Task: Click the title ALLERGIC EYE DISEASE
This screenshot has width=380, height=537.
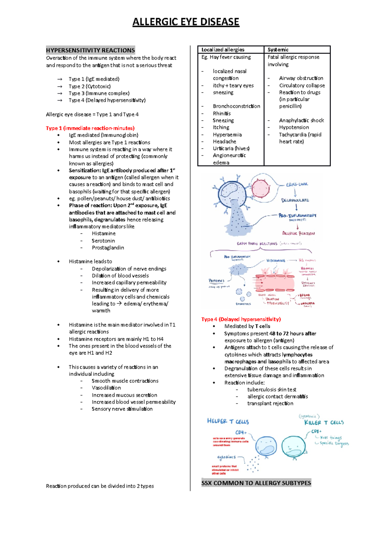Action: pyautogui.click(x=186, y=22)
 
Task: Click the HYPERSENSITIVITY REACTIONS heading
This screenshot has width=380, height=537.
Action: pyautogui.click(x=90, y=50)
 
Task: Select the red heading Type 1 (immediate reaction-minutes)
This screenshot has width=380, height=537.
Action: pyautogui.click(x=90, y=128)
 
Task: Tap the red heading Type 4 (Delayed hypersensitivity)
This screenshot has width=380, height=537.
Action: pyautogui.click(x=241, y=319)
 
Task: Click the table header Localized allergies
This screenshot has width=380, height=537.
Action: pyautogui.click(x=223, y=50)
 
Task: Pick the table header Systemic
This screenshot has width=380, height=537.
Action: pyautogui.click(x=278, y=50)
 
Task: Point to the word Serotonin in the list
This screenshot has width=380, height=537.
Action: pyautogui.click(x=103, y=241)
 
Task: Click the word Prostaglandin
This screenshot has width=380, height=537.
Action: pyautogui.click(x=108, y=248)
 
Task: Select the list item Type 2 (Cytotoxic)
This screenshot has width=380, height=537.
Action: pyautogui.click(x=90, y=86)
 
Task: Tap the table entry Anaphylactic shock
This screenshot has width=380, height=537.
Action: pyautogui.click(x=301, y=120)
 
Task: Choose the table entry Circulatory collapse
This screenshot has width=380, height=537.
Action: pyautogui.click(x=302, y=85)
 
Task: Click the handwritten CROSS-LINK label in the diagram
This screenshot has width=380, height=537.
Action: pyautogui.click(x=297, y=184)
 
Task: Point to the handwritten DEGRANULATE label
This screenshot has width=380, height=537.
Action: pyautogui.click(x=295, y=200)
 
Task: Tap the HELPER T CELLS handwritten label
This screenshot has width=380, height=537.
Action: pyautogui.click(x=228, y=421)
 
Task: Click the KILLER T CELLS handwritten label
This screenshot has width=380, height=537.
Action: pyautogui.click(x=324, y=423)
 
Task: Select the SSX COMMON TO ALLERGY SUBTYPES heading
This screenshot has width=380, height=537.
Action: pyautogui.click(x=256, y=483)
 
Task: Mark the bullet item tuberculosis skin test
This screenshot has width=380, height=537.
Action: pyautogui.click(x=272, y=390)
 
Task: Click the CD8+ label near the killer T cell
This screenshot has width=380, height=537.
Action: pyautogui.click(x=316, y=431)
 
